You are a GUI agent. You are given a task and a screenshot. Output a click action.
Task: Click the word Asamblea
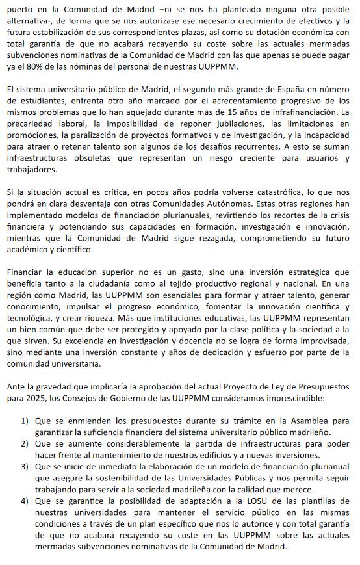tap(309, 422)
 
